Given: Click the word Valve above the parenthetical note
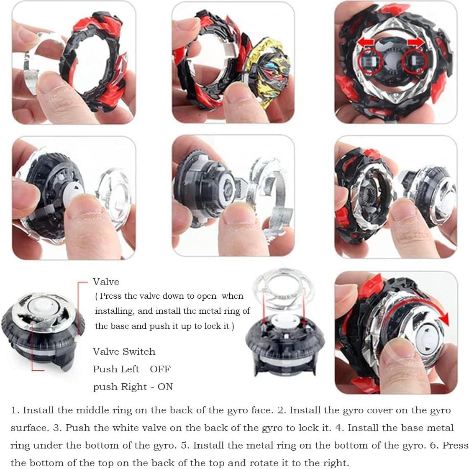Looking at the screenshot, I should pos(106,282).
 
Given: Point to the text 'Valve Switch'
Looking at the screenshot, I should pos(124,351).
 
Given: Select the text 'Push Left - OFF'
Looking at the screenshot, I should pos(131,369).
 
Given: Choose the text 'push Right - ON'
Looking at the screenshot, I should pos(133,387).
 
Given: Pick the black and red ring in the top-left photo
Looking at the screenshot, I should pos(94,63).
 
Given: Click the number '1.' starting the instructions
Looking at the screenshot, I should pos(15,410).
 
